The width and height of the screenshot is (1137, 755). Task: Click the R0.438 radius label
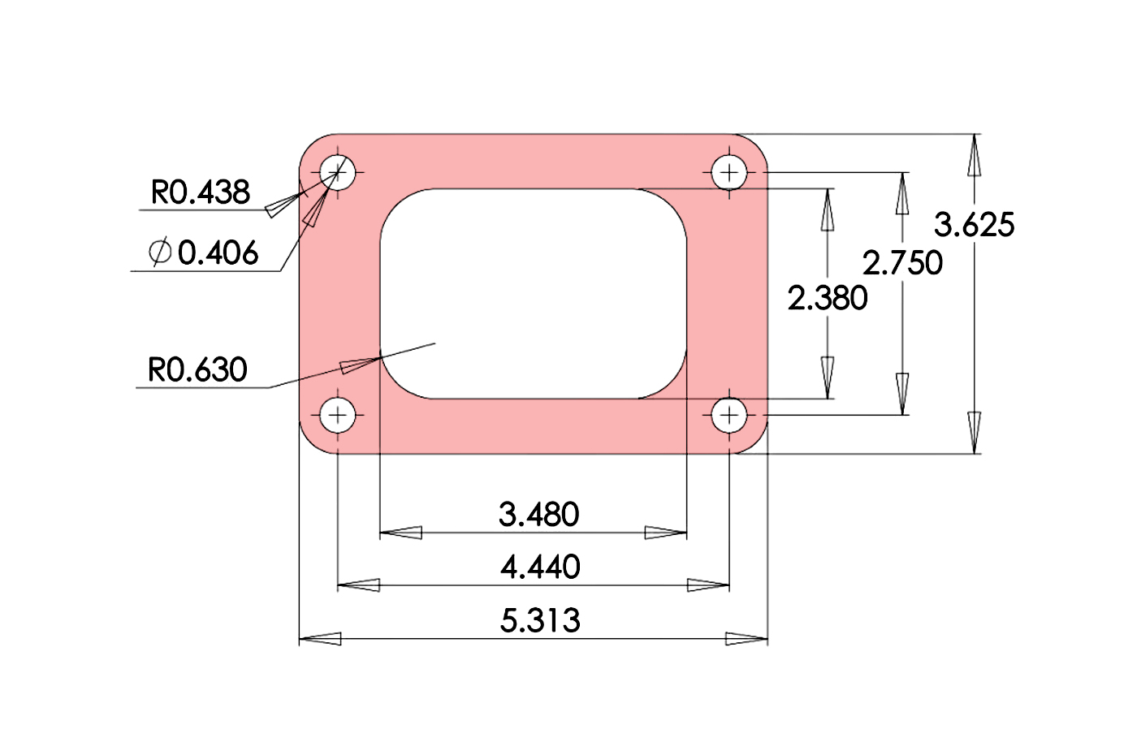[201, 192]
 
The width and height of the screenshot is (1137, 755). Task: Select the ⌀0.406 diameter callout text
[205, 252]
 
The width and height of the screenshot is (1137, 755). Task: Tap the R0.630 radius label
[197, 370]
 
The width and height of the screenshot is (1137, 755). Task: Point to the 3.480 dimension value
[539, 514]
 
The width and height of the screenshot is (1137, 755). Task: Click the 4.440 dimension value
[540, 567]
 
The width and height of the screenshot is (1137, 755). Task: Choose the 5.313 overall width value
[540, 620]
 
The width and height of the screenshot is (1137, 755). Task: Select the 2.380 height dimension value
[828, 298]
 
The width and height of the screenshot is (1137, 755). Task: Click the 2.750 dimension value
[902, 262]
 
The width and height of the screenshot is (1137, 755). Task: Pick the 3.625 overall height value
[974, 225]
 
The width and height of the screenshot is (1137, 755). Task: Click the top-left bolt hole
[338, 172]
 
